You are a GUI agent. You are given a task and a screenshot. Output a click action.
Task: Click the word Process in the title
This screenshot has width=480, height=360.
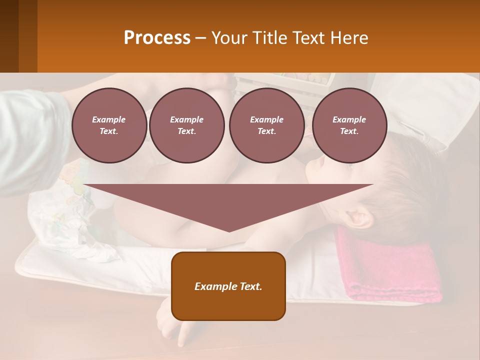157,38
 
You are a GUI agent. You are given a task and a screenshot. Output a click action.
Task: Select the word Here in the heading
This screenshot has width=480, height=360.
348,38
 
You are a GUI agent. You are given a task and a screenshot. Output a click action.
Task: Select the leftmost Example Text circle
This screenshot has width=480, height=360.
109,125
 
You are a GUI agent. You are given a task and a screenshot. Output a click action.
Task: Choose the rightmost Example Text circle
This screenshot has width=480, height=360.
349,125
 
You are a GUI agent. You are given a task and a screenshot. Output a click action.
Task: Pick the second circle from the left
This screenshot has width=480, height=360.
186,125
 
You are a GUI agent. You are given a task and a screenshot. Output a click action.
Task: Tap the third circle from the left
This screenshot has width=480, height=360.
266,125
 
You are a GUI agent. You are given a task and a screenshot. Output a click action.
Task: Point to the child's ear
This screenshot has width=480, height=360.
358,218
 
